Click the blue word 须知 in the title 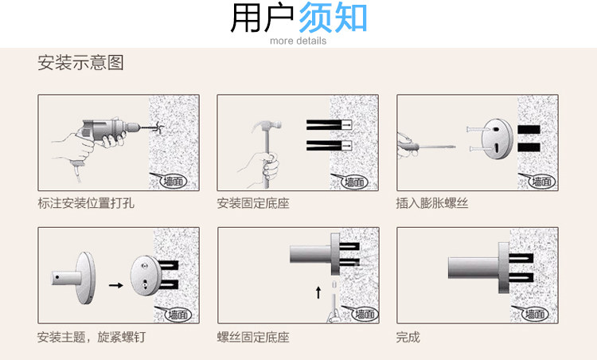[333, 19]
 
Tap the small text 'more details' [298, 41]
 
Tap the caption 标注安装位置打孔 [86, 203]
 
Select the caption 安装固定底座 [253, 203]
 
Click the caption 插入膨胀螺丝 [432, 203]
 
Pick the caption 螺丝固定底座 [253, 337]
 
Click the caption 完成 [408, 337]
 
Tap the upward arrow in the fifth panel [319, 291]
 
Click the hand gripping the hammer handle [271, 167]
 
